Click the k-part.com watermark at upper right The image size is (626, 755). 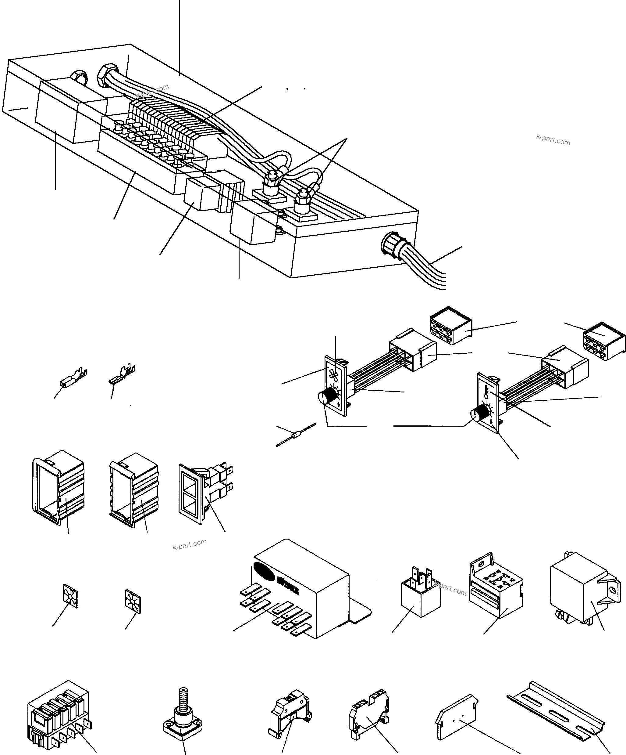553,140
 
